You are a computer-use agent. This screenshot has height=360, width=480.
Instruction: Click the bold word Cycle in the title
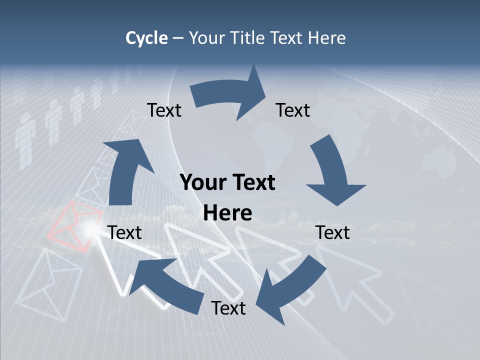[146, 38]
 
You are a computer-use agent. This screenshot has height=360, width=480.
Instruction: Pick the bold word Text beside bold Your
[253, 183]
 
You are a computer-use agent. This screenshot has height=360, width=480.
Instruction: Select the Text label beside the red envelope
[124, 232]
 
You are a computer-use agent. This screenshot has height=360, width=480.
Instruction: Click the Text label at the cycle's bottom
[228, 308]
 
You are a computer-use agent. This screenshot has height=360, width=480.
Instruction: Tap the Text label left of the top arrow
[164, 110]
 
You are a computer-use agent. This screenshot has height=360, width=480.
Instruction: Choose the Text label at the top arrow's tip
[293, 110]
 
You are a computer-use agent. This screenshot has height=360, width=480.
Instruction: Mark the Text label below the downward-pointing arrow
[333, 232]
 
